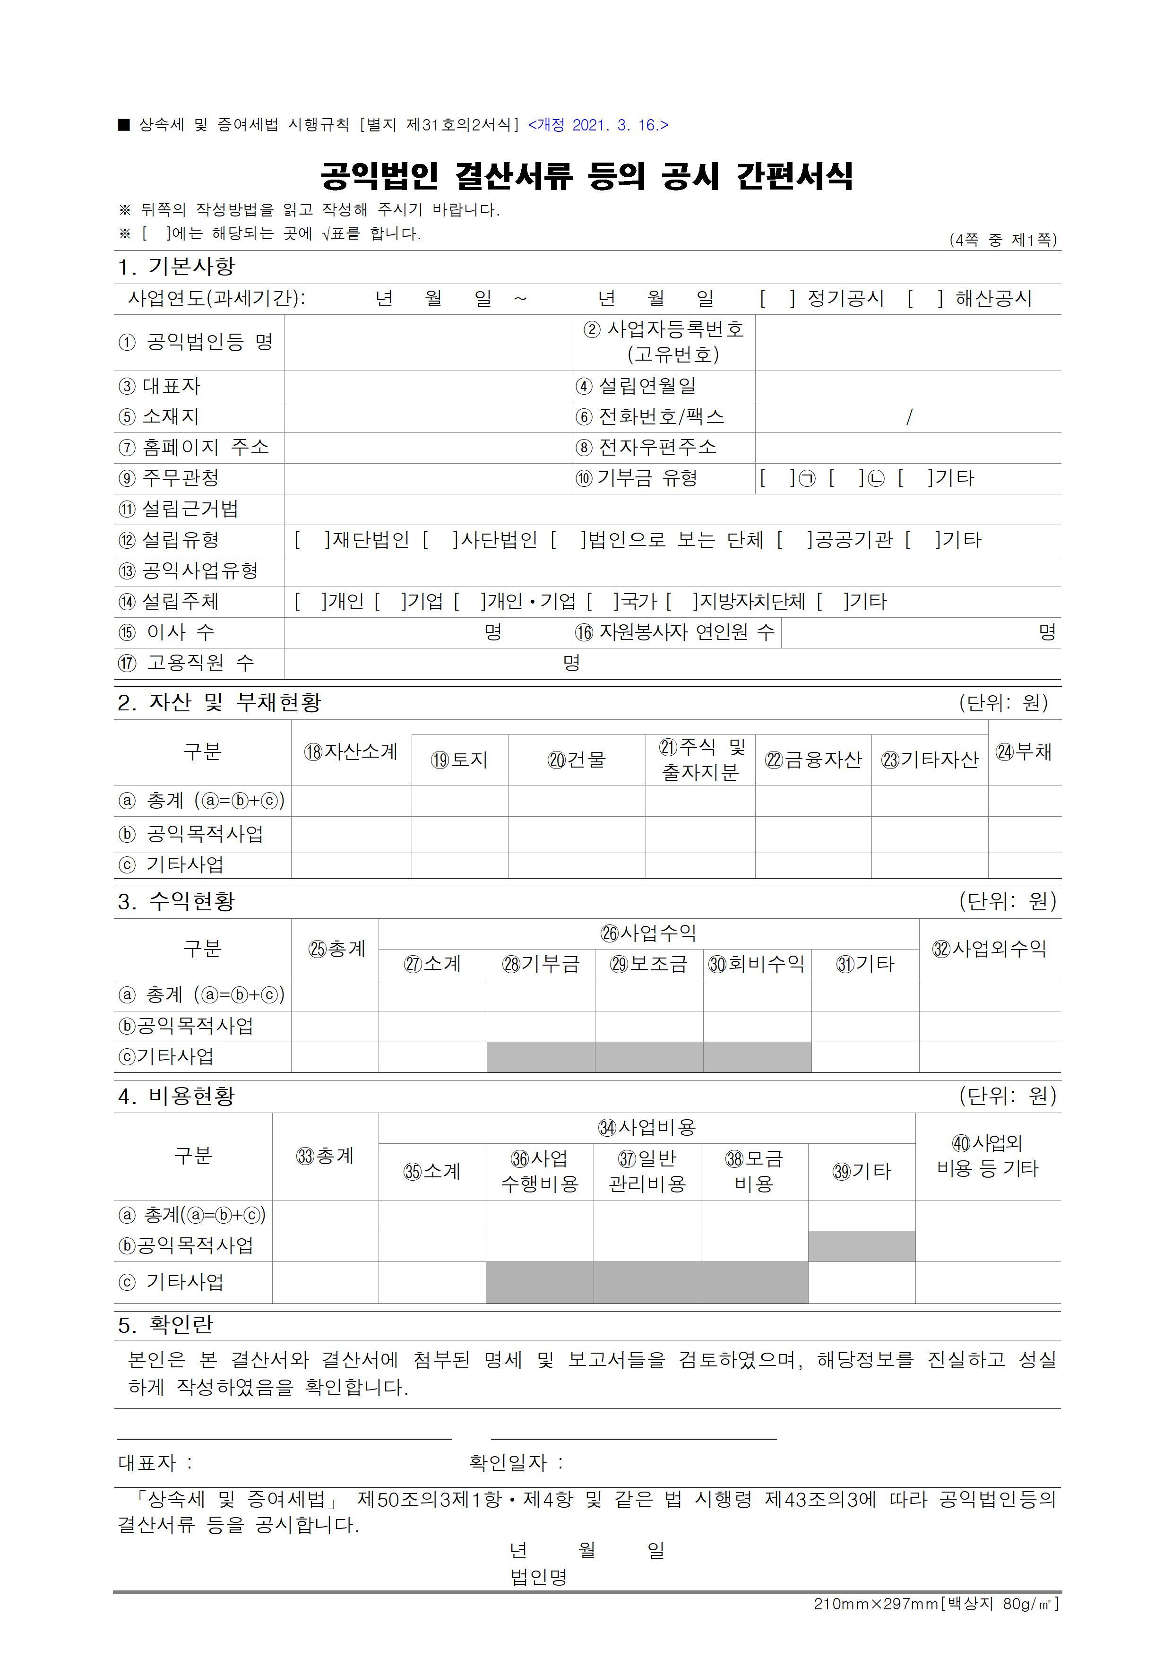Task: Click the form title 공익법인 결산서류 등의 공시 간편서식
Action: point(586,175)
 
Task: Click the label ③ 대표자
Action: point(160,386)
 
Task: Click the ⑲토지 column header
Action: point(459,760)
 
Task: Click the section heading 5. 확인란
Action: point(165,1324)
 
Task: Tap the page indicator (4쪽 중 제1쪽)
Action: point(1002,240)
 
